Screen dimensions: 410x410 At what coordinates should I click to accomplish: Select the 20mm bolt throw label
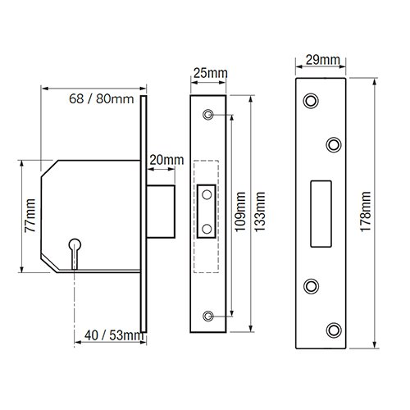click(x=167, y=159)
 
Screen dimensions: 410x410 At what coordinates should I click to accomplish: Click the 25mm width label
click(x=209, y=75)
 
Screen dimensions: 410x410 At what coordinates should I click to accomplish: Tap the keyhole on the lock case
click(x=75, y=246)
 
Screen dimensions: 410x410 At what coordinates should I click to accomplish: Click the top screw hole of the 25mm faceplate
click(x=209, y=114)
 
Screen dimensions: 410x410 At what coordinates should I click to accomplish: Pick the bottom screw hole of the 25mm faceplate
click(x=209, y=316)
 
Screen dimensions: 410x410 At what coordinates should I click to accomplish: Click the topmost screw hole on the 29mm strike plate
click(x=311, y=100)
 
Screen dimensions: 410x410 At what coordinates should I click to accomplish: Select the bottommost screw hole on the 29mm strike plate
click(x=334, y=330)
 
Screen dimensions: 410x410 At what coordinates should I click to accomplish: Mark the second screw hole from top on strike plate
click(x=334, y=144)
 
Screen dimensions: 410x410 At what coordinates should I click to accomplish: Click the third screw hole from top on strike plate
click(x=311, y=285)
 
